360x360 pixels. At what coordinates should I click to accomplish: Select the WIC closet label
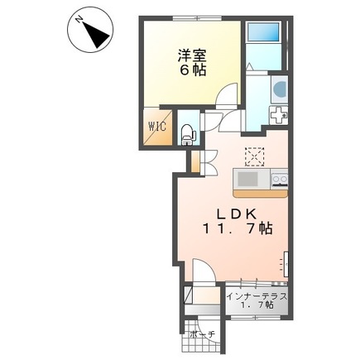157,127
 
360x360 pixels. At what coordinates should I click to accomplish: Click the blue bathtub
264,32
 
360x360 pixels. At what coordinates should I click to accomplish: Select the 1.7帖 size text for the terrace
258,306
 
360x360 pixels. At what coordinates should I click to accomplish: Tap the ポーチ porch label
202,334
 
